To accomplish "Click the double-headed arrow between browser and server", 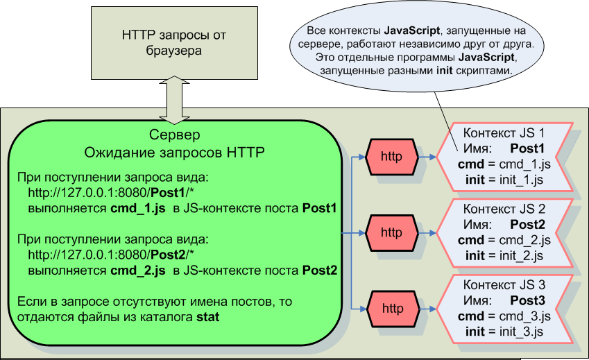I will pos(174,97).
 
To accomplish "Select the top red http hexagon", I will pos(391,156).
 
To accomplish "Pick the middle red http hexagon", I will pos(391,232).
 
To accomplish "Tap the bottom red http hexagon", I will pos(391,309).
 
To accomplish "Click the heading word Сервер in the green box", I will pos(175,134).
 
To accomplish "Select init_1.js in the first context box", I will pos(517,180).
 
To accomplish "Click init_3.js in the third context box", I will pos(517,333).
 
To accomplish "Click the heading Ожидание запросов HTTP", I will pos(175,151).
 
